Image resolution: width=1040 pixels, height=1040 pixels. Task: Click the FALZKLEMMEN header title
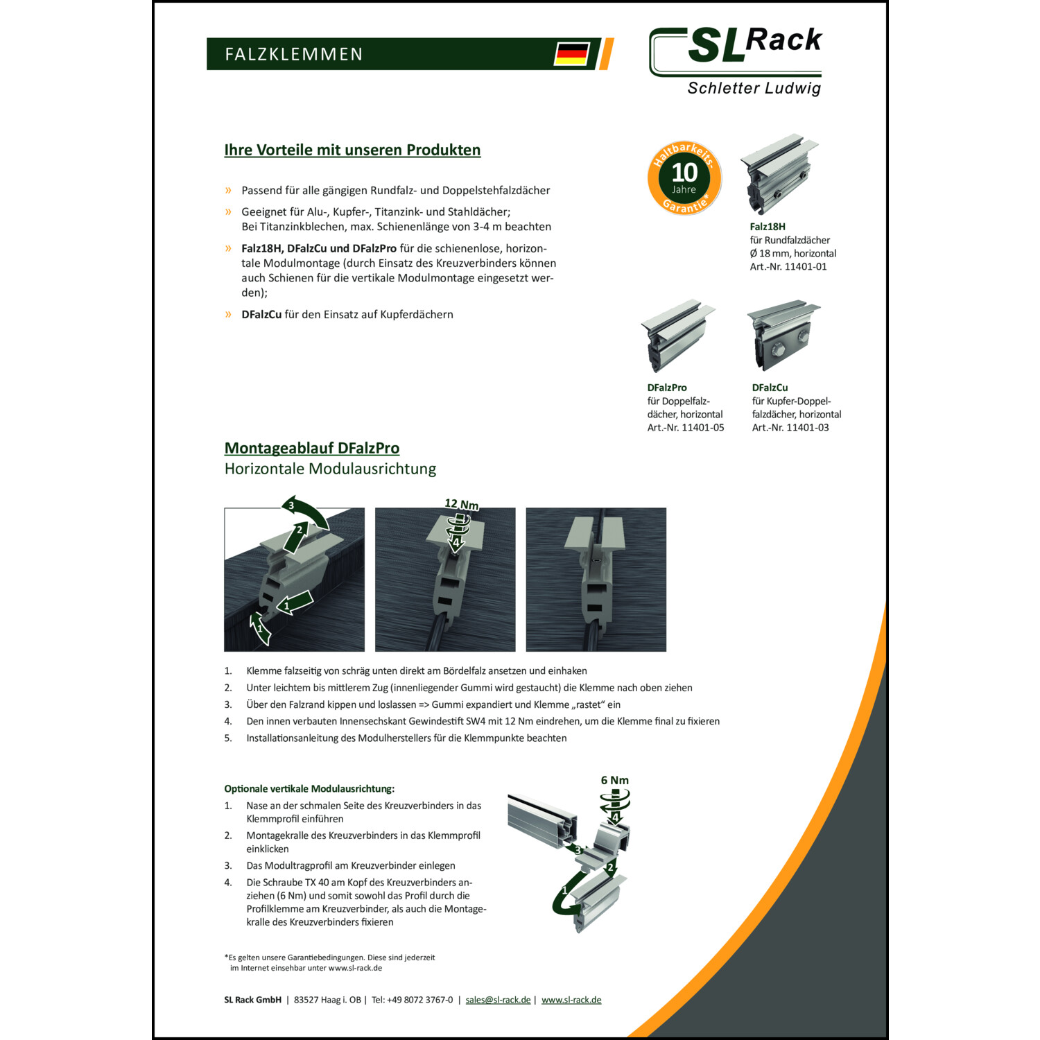(x=294, y=54)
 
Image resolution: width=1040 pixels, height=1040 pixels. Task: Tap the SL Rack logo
(x=736, y=61)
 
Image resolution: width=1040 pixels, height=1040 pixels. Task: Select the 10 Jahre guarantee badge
(x=684, y=178)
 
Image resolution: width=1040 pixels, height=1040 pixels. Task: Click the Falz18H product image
(x=779, y=174)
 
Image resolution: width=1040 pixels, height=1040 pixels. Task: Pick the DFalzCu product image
(x=783, y=336)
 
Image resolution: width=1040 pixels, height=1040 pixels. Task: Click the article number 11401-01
(x=806, y=267)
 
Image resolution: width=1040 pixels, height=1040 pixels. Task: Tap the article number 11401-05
(x=703, y=428)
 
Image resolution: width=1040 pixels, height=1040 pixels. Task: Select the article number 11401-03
(x=808, y=428)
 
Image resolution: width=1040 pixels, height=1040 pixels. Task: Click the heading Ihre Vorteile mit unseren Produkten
(x=352, y=150)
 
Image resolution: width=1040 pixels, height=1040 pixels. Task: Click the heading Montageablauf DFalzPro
(x=312, y=448)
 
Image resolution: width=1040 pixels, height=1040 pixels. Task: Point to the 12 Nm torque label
(x=462, y=504)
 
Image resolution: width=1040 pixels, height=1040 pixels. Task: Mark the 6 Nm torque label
(x=615, y=780)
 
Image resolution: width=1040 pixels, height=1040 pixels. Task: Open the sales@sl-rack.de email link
(x=498, y=1000)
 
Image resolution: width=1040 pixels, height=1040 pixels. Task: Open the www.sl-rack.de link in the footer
(x=571, y=1000)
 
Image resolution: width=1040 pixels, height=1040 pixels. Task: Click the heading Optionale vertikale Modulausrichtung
(x=309, y=789)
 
